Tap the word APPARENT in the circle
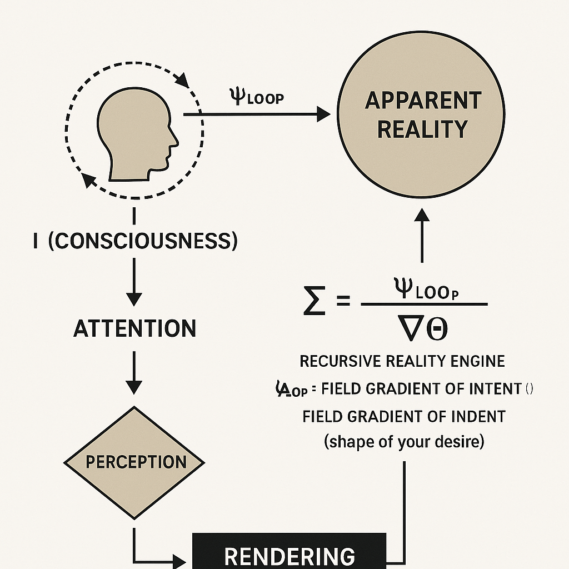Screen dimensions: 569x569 tap(422, 101)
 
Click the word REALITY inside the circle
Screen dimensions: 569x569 tap(422, 129)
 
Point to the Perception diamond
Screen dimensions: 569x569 tap(134, 462)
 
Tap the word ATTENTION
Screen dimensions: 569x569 tap(134, 328)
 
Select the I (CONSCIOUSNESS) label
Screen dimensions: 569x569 tap(136, 241)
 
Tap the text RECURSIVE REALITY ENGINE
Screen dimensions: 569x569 tap(402, 361)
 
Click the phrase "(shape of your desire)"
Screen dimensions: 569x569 tap(404, 442)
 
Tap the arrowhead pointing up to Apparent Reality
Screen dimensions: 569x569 tap(422, 214)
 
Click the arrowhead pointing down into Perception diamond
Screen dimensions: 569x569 tap(134, 387)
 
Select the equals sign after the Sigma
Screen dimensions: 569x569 tap(343, 301)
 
